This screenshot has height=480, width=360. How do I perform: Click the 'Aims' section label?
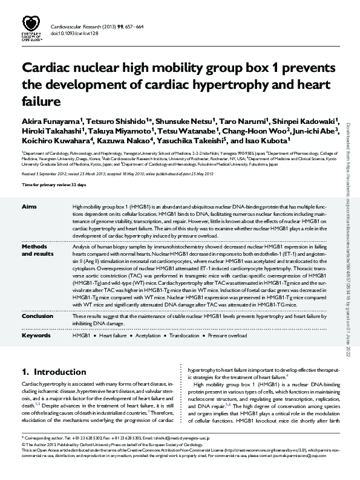29,207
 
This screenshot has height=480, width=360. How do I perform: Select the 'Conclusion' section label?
37,316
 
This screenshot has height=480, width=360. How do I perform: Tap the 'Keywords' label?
36,335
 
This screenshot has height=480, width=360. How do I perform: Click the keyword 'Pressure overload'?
228,335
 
